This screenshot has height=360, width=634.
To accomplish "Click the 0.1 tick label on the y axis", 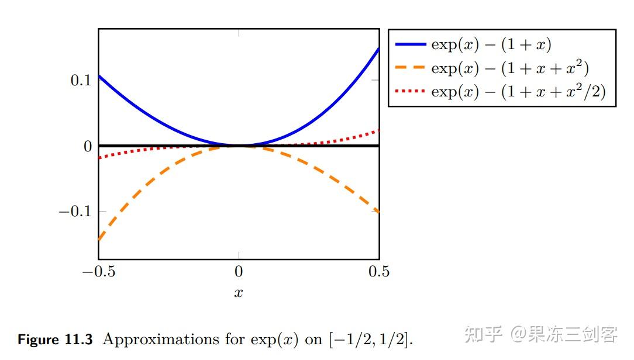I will click(81, 81).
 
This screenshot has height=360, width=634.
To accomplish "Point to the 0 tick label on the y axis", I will click(88, 146).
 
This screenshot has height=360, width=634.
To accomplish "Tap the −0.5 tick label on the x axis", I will click(98, 272).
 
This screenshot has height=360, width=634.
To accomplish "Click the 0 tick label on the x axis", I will click(239, 272).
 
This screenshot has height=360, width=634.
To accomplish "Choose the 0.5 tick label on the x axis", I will click(379, 272).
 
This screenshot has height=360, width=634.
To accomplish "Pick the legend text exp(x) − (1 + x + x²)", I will click(509, 68).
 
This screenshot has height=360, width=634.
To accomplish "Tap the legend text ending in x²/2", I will click(518, 92).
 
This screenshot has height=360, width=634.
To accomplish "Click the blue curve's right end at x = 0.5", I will click(378, 49).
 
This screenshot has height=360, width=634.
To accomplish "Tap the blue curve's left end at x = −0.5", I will click(99, 76).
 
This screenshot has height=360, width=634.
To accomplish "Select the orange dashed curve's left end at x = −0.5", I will click(99, 238).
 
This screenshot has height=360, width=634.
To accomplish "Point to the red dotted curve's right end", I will click(377, 130).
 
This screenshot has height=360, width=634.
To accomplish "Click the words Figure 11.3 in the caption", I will click(55, 340).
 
